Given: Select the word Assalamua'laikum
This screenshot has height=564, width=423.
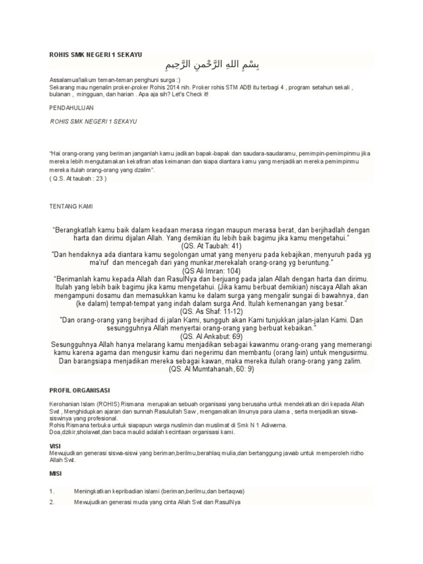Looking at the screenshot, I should pos(72,80).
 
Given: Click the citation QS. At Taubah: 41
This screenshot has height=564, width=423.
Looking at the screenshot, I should pos(211,247).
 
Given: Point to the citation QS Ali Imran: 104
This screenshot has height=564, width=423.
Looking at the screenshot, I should pos(211,271).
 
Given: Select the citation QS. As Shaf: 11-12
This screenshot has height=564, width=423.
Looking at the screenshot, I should pos(211,311).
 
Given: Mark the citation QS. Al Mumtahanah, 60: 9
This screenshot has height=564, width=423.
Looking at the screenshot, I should pos(211,370).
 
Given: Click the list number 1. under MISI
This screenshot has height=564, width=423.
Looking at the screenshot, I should pos(52,490).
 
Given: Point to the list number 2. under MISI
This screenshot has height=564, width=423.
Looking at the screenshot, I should pos(52,502).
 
